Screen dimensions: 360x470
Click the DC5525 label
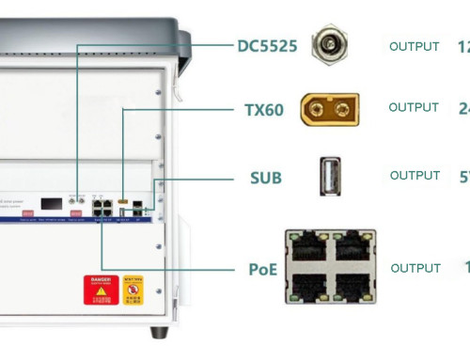tap(267, 45)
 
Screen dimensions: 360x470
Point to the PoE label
tap(263, 270)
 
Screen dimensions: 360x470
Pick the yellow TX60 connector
tap(329, 109)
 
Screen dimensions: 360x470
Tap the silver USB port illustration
tap(329, 176)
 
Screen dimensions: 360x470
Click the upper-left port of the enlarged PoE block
tap(308, 247)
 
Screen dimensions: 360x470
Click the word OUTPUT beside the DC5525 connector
tap(414, 46)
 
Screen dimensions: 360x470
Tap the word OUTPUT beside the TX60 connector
tap(414, 108)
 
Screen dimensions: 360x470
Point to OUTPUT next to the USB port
tap(415, 176)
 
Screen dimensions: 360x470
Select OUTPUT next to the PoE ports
tap(415, 268)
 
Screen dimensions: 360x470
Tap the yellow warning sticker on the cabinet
tap(133, 290)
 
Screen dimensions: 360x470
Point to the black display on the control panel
tap(52, 203)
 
